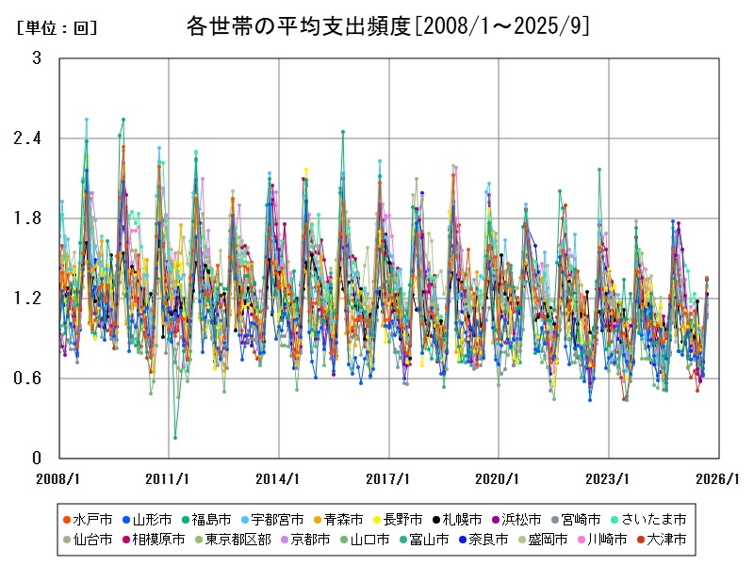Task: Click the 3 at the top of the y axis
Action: pyautogui.click(x=37, y=58)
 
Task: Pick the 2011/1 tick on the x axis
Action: pyautogui.click(x=169, y=478)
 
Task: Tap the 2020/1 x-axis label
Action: pyautogui.click(x=499, y=478)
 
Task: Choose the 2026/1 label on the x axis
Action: pyautogui.click(x=718, y=478)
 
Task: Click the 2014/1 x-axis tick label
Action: pyautogui.click(x=279, y=478)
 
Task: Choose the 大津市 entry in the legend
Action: pyautogui.click(x=665, y=540)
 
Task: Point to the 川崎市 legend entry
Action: pyautogui.click(x=604, y=540)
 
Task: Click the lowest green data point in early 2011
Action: pyautogui.click(x=175, y=438)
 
